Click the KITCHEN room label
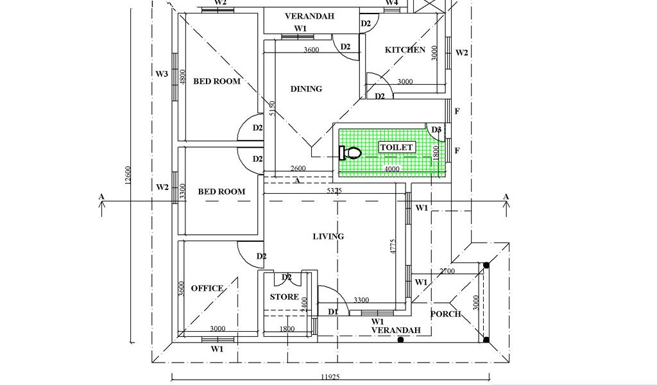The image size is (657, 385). pyautogui.click(x=405, y=50)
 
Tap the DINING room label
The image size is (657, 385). pyautogui.click(x=306, y=89)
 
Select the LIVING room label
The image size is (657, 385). pyautogui.click(x=328, y=237)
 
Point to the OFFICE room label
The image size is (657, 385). pyautogui.click(x=207, y=289)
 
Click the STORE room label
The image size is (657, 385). pyautogui.click(x=284, y=297)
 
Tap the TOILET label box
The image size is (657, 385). pyautogui.click(x=397, y=148)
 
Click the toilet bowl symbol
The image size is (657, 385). pyautogui.click(x=350, y=153)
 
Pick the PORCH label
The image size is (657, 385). pyautogui.click(x=445, y=314)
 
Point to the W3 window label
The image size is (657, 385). pyautogui.click(x=162, y=74)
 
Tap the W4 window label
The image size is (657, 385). pyautogui.click(x=391, y=3)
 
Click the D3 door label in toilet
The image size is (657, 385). pyautogui.click(x=436, y=130)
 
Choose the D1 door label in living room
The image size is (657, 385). pyautogui.click(x=333, y=312)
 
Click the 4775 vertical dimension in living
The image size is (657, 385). pyautogui.click(x=393, y=248)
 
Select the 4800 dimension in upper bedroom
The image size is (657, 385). pyautogui.click(x=182, y=77)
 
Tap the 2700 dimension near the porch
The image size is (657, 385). pyautogui.click(x=447, y=271)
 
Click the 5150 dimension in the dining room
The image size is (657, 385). pyautogui.click(x=272, y=108)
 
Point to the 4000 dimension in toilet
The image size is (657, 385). pyautogui.click(x=391, y=169)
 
